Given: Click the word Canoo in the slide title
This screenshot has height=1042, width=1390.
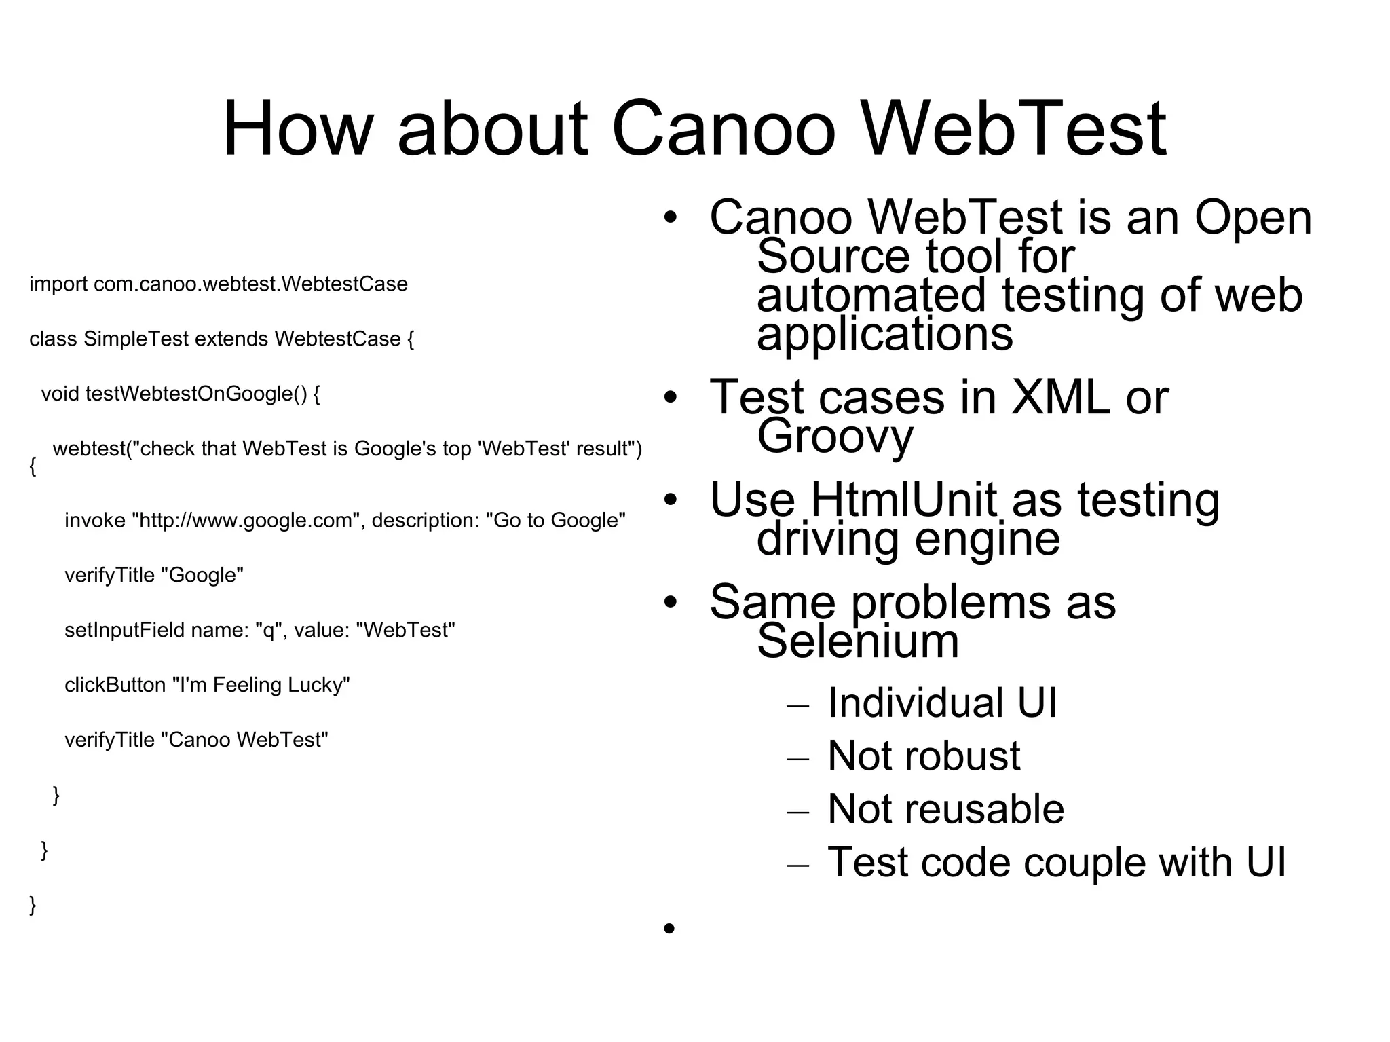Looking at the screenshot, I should click(x=724, y=128).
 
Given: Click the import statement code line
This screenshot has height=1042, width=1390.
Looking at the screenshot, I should click(x=219, y=284).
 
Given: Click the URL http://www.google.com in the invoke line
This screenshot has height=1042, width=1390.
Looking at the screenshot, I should click(x=246, y=521).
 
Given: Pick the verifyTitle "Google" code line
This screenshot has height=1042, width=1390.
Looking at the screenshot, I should click(x=154, y=576).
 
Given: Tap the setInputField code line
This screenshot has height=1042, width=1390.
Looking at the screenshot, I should click(x=260, y=631).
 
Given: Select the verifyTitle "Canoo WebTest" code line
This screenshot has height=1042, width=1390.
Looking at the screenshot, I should click(x=196, y=740).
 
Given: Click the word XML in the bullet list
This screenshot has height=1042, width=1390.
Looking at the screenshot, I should click(x=1060, y=397).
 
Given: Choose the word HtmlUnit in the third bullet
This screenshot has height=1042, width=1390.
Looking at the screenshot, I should click(x=903, y=500).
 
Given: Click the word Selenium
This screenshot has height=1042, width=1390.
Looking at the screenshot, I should click(x=858, y=641).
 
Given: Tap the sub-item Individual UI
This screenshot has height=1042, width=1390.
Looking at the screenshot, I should click(x=942, y=703).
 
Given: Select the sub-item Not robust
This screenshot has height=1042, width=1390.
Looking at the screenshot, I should click(x=924, y=756).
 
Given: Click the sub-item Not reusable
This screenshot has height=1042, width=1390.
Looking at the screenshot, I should click(x=945, y=809).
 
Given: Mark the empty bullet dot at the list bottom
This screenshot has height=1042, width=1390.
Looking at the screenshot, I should click(x=670, y=928).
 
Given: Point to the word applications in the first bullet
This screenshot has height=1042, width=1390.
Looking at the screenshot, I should click(x=885, y=334).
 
